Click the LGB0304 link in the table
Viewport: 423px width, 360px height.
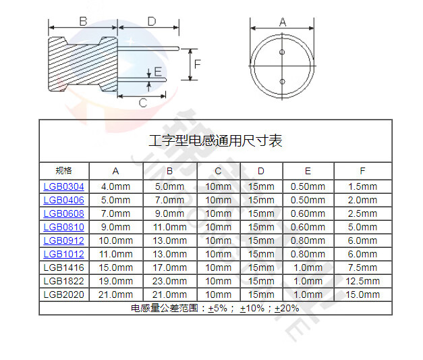point(63,186)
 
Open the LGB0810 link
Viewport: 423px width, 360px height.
point(63,227)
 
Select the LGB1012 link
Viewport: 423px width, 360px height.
point(63,254)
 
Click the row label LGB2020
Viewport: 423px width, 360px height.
point(63,294)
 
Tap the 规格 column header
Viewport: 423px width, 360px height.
point(63,170)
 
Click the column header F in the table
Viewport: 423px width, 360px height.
point(362,170)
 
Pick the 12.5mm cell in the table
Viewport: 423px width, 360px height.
point(362,281)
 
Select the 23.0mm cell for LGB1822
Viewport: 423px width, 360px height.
point(170,281)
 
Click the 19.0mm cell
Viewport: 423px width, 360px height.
point(115,281)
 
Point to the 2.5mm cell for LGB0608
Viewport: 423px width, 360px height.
point(362,213)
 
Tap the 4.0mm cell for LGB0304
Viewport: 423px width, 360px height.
point(115,186)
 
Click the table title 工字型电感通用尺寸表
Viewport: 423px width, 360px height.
point(215,141)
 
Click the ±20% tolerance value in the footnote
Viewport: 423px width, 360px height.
point(287,308)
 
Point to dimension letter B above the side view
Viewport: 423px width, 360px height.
point(83,22)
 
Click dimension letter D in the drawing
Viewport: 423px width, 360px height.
point(152,22)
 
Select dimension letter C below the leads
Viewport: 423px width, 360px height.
point(142,103)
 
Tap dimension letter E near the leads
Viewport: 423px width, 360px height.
point(158,72)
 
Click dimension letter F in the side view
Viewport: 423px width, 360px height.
point(198,65)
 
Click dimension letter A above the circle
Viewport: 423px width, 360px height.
point(282,22)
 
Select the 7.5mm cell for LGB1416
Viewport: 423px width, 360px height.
point(362,267)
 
